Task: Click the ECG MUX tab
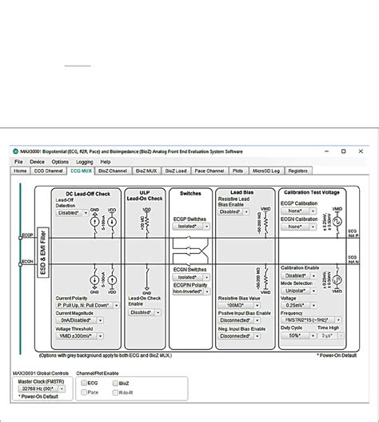point(82,171)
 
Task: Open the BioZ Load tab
point(175,171)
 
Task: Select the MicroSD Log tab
point(265,171)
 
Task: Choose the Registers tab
point(298,171)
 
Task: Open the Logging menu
point(85,162)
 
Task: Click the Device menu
point(38,162)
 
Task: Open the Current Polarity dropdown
point(87,305)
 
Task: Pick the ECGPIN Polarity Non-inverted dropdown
point(190,291)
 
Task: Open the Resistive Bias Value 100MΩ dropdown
point(241,305)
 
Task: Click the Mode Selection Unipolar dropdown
point(304,291)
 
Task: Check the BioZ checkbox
point(113,384)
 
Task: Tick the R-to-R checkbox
point(113,392)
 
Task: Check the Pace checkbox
point(82,392)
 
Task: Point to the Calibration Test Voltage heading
point(311,193)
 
